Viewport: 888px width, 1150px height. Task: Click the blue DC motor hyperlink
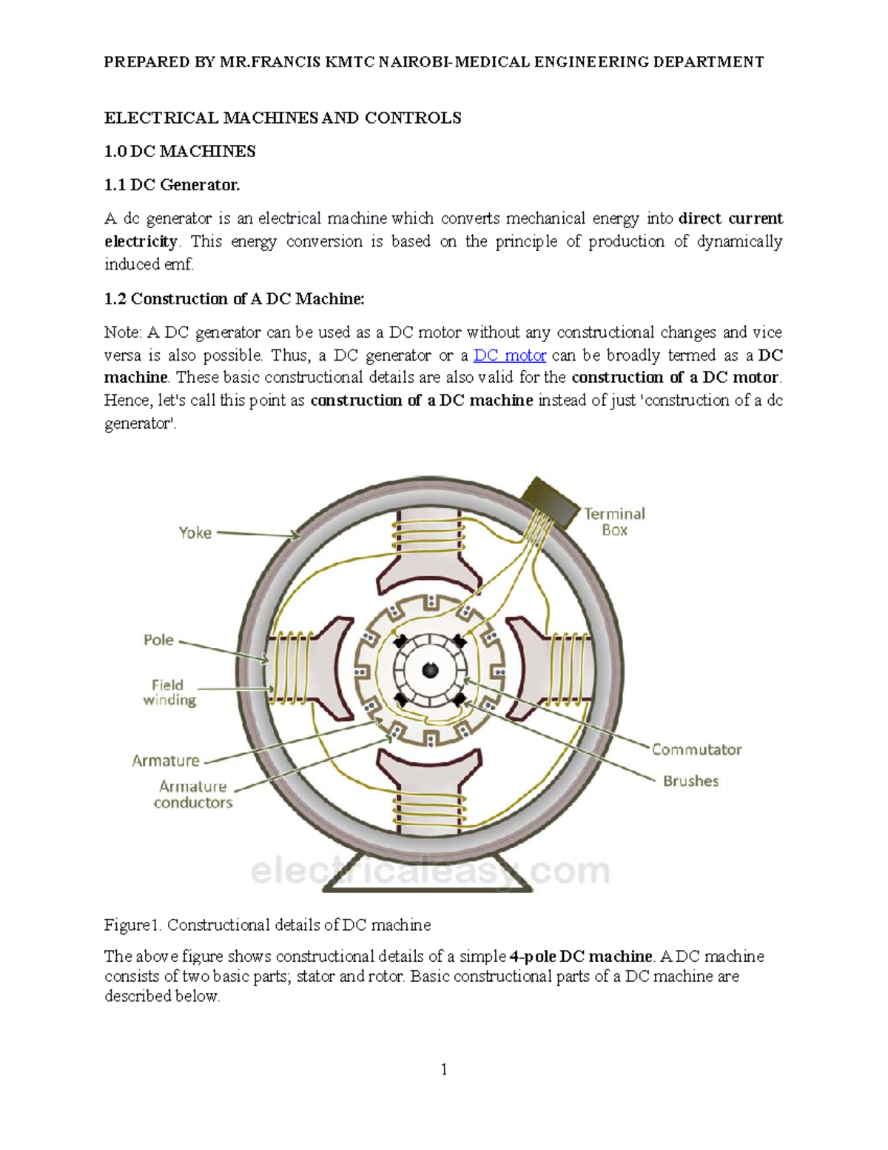click(x=509, y=355)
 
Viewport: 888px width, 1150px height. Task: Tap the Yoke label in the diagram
click(x=195, y=532)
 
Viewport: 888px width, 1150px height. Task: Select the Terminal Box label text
click(x=614, y=521)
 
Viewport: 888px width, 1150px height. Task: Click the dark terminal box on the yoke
click(x=551, y=503)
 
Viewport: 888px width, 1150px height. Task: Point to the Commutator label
click(x=696, y=749)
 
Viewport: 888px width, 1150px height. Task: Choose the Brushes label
click(x=690, y=780)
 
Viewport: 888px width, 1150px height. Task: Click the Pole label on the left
click(x=158, y=640)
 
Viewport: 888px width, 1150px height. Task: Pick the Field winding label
click(x=169, y=692)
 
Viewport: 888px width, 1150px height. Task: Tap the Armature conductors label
click(x=193, y=795)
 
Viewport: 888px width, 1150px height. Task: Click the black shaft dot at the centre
click(x=430, y=671)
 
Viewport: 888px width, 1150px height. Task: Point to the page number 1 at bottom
click(x=444, y=1069)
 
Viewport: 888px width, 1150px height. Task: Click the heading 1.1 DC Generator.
click(x=172, y=185)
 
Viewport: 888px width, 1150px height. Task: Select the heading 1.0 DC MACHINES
click(x=180, y=152)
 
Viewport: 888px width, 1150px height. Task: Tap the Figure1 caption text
click(x=267, y=925)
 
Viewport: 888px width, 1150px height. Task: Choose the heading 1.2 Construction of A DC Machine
click(x=234, y=299)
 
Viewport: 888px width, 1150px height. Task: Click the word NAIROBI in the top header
click(x=416, y=62)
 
